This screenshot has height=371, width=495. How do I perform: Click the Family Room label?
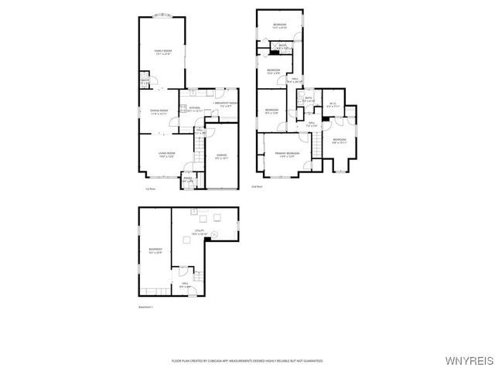(x=162, y=52)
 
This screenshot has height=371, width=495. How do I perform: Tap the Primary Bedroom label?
(x=287, y=155)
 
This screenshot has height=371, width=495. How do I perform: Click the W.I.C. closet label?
(x=333, y=104)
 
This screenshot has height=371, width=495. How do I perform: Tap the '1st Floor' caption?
(x=150, y=188)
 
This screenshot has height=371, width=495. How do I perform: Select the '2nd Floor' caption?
(x=257, y=186)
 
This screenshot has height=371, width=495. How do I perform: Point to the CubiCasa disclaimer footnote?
(x=247, y=360)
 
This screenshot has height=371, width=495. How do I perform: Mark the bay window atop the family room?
(x=162, y=15)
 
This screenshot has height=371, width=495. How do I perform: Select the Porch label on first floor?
(x=188, y=180)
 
